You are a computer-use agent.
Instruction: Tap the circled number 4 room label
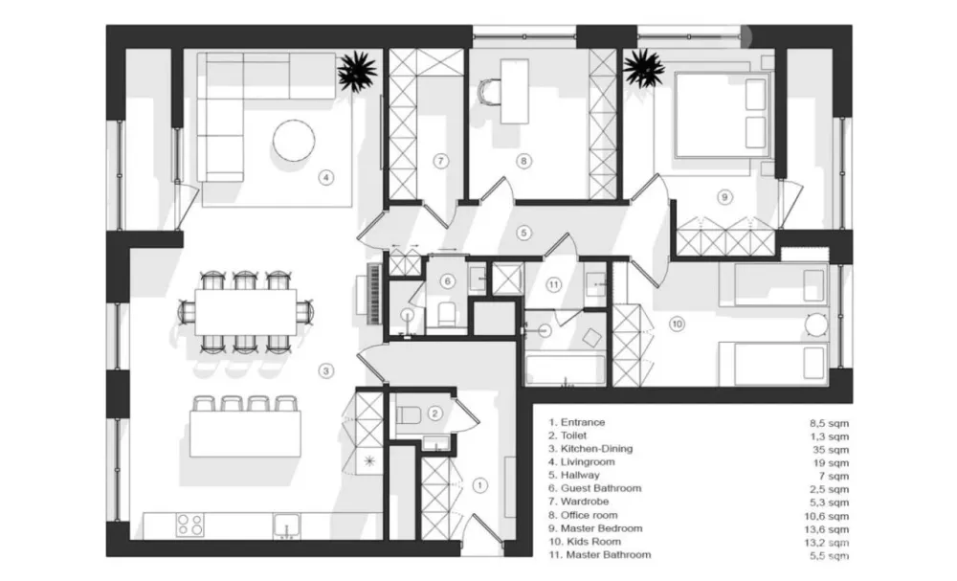[x=326, y=178]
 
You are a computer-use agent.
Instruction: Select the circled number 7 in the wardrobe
[x=440, y=161]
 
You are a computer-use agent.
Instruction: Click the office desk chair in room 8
[x=489, y=93]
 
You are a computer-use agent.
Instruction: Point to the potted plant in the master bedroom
[x=643, y=67]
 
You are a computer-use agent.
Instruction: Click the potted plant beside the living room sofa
[x=357, y=71]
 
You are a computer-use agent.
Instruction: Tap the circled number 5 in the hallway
[x=523, y=233]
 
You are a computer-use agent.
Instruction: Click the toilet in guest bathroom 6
[x=447, y=314]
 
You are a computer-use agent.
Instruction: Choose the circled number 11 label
[x=553, y=284]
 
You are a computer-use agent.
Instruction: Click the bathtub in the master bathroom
[x=566, y=369]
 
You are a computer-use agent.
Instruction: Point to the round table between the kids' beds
[x=816, y=324]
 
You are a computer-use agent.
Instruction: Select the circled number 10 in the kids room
[x=677, y=324]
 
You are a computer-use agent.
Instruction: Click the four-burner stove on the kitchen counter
[x=189, y=525]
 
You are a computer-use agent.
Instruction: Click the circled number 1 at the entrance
[x=479, y=485]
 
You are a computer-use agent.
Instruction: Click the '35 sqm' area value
[x=830, y=450]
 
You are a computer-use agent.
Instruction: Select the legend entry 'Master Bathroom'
[x=608, y=555]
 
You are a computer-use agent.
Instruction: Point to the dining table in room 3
[x=245, y=312]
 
